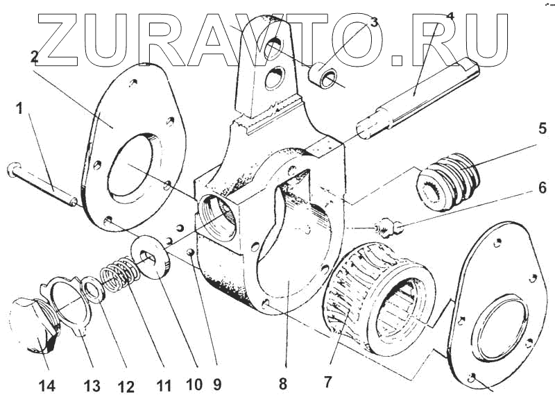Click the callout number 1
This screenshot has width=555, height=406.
coord(19,108)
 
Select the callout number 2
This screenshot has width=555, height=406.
coord(34,58)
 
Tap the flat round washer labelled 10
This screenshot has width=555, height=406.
coord(150,257)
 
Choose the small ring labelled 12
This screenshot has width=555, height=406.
coord(92,291)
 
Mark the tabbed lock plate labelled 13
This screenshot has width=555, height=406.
coord(65,303)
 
